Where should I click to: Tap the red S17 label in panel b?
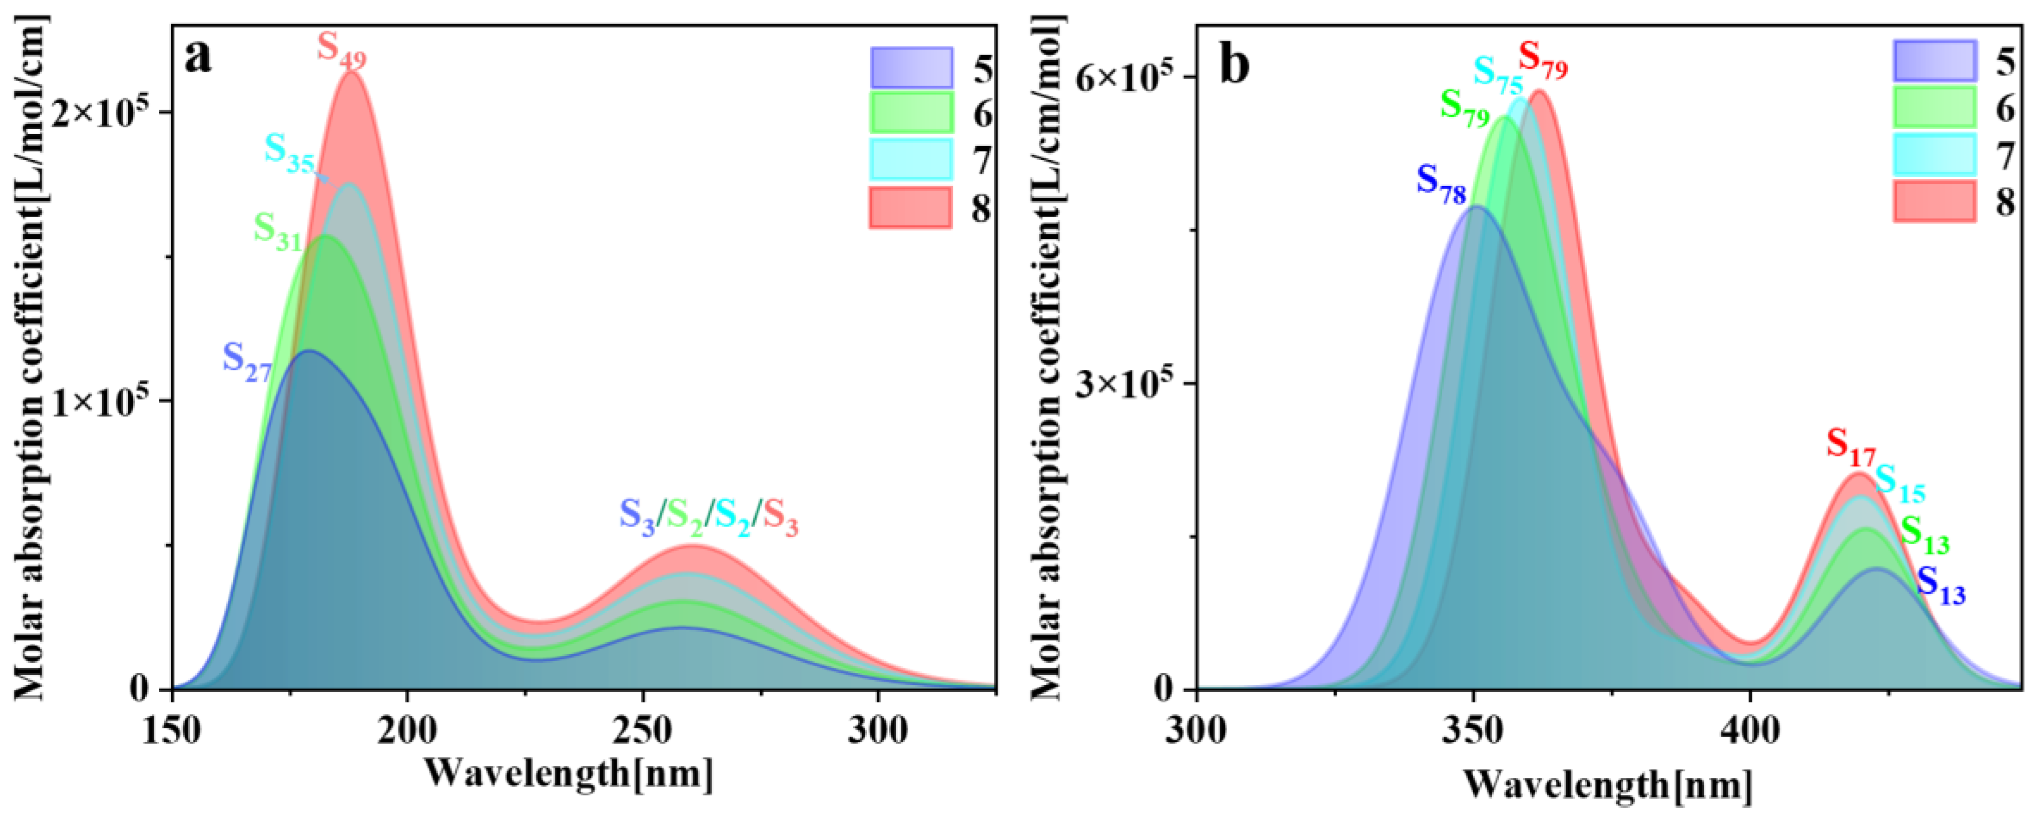(x=1850, y=447)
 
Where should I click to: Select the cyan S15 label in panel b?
(x=1900, y=483)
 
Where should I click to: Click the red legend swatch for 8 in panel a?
(x=910, y=208)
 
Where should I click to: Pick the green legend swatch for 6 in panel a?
(x=910, y=113)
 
